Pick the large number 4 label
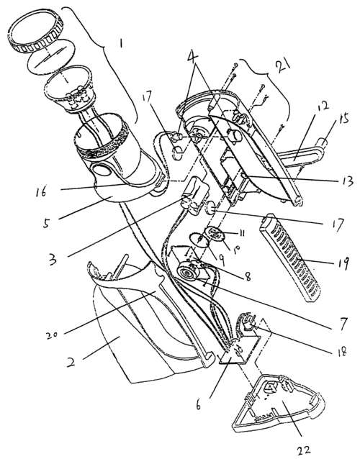click(x=195, y=60)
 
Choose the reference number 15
click(x=343, y=120)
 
